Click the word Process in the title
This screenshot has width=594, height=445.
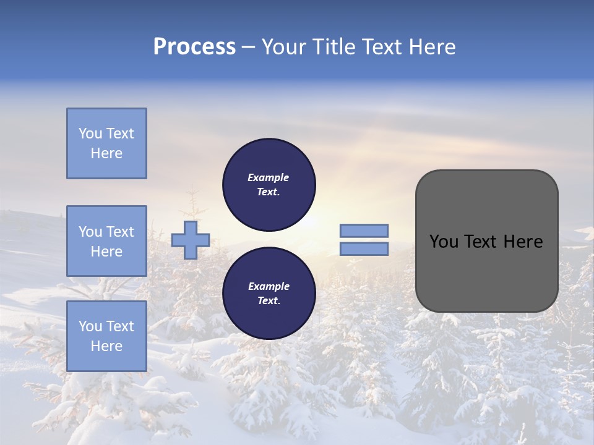[194, 47]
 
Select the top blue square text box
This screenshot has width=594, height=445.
[106, 143]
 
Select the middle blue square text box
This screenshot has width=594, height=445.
[106, 241]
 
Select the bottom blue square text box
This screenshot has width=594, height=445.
[106, 336]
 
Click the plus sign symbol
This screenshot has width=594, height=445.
[191, 240]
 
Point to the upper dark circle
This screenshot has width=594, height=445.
[269, 185]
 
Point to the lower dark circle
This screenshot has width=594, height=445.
[269, 294]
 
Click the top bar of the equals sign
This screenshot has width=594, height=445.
[364, 231]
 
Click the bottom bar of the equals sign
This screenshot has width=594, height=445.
[364, 249]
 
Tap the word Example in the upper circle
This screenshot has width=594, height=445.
[268, 177]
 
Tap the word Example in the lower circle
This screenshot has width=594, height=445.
[269, 286]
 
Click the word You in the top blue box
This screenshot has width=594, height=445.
[90, 133]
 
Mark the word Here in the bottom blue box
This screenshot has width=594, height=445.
[106, 346]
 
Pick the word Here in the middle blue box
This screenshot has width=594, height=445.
[106, 252]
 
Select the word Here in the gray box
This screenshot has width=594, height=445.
[523, 242]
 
